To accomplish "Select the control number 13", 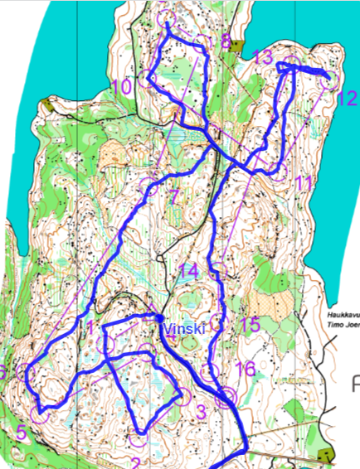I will [x=263, y=57].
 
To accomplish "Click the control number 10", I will [x=121, y=85].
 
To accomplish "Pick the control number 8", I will [x=225, y=41].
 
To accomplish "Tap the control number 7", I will [x=173, y=196].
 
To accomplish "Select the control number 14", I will [x=188, y=271].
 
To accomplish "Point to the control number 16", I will [x=245, y=367].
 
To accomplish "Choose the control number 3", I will [x=200, y=410].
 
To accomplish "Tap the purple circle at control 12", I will [x=330, y=80].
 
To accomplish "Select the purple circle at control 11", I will [x=278, y=171].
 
